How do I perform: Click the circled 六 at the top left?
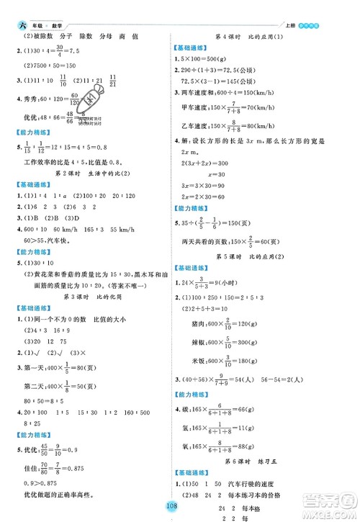(x=9, y=9)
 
